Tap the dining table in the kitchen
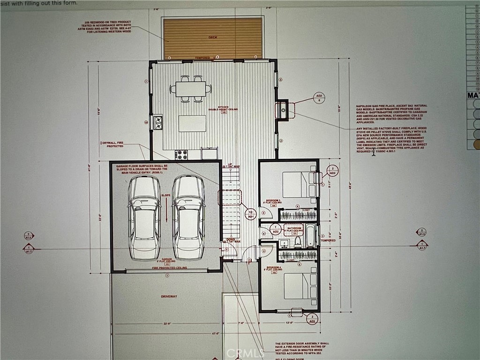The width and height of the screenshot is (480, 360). tap(191, 88)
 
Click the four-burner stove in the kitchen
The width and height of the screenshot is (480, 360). tap(181, 154)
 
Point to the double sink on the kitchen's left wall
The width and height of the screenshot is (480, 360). tap(158, 123)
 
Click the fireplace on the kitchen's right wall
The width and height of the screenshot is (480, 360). tap(283, 111)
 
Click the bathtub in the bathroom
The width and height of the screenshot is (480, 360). tap(310, 236)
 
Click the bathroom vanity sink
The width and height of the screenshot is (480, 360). tap(284, 243)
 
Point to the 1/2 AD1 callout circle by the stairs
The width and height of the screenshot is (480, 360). tap(250, 214)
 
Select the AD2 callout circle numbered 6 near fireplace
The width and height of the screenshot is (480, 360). tap(320, 97)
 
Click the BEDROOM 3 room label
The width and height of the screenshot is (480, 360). tap(274, 201)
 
